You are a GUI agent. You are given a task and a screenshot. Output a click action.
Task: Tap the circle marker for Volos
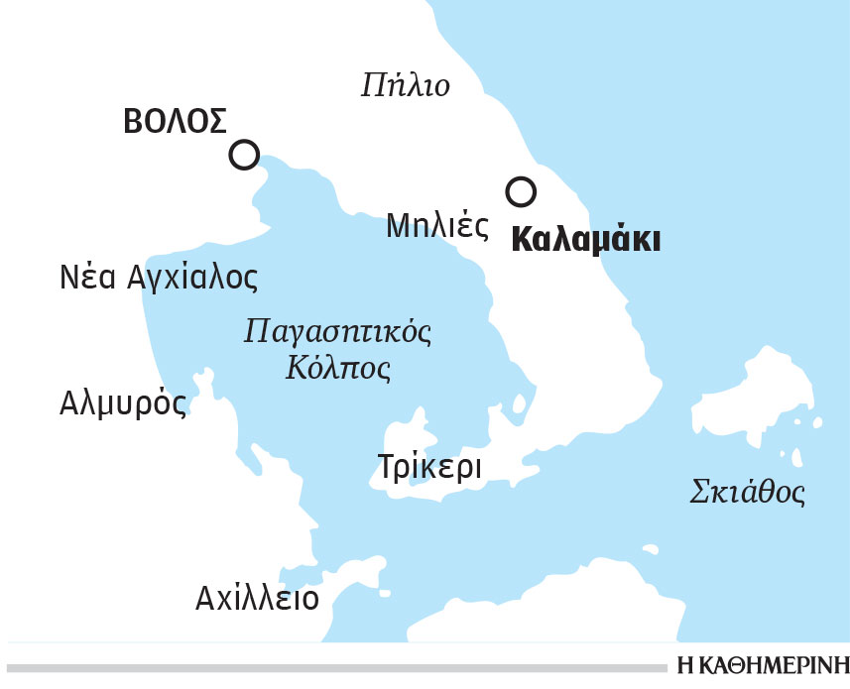244,155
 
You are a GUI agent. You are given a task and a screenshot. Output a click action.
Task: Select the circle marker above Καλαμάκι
520,190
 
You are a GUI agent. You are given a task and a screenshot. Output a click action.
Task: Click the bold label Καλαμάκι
585,241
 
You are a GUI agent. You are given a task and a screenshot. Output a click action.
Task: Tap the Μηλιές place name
437,227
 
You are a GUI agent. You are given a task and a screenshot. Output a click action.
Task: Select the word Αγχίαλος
192,279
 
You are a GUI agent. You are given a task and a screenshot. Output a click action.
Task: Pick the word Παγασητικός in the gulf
338,330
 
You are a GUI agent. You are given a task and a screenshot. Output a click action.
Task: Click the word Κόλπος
338,370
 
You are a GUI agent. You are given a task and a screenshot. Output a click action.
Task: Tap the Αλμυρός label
123,403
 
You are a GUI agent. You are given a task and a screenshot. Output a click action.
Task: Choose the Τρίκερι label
429,466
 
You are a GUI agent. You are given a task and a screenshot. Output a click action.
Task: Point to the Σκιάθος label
747,492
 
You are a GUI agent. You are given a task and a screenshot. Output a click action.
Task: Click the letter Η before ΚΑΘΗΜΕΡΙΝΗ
686,665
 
